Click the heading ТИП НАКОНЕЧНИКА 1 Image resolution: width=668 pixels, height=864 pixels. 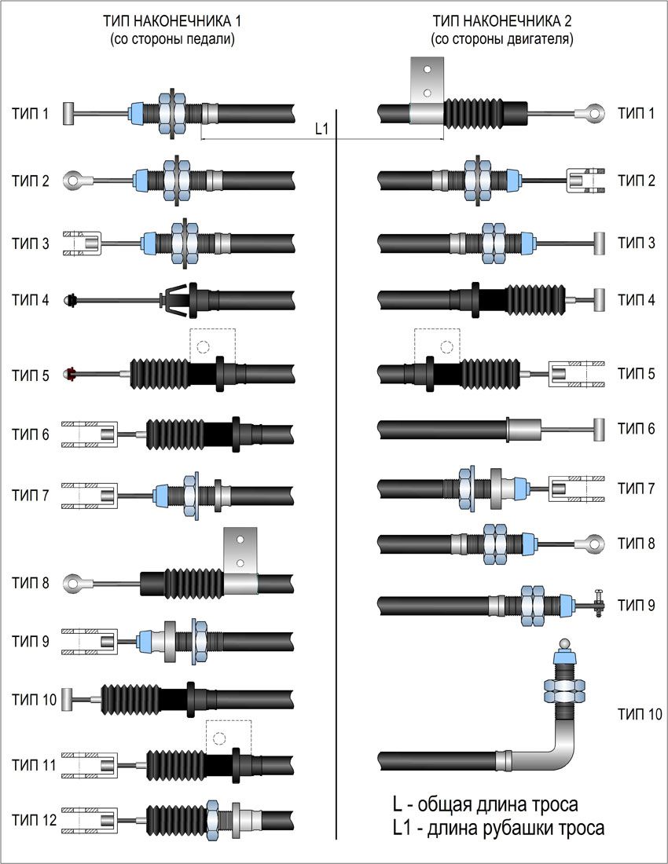172,21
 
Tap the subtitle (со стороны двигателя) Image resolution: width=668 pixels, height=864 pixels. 501,40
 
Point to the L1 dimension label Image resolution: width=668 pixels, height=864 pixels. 321,129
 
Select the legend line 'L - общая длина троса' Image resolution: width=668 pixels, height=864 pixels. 485,804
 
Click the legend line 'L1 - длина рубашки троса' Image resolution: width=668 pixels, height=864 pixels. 498,828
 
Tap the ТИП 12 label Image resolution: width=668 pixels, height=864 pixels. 34,820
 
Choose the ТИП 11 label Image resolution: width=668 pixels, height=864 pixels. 34,765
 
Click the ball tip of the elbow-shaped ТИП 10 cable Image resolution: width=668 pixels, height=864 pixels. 566,643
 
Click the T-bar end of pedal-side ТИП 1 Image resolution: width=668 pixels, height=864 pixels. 68,114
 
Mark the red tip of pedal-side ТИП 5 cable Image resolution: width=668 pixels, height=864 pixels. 69,374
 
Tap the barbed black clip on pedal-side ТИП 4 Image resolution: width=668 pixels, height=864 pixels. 174,300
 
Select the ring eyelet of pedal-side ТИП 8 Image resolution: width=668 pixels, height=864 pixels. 73,583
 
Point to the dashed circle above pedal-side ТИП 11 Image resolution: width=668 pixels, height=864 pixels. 219,738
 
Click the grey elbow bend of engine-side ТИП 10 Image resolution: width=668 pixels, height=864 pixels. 560,746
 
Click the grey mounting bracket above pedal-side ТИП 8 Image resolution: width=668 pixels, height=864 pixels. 240,551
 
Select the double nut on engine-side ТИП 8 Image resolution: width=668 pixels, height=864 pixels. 495,544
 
